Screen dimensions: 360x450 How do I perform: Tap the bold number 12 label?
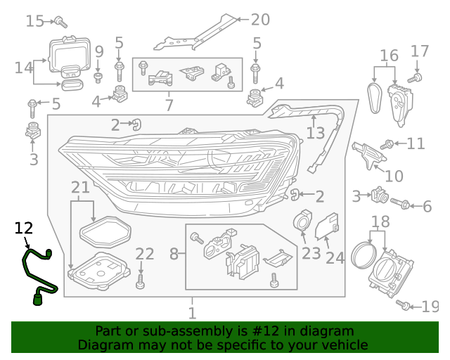[x=24, y=228]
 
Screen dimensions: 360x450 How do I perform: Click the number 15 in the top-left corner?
[x=34, y=21]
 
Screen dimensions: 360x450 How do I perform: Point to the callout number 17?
[x=420, y=51]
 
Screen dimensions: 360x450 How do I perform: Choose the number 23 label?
[x=311, y=252]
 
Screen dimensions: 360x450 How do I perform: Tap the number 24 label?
[x=335, y=257]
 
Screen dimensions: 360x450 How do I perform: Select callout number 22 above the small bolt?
[x=144, y=254]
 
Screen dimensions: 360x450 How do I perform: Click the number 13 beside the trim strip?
[x=315, y=133]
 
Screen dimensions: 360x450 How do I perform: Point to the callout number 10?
[x=394, y=176]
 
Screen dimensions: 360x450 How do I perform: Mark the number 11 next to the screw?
[x=416, y=144]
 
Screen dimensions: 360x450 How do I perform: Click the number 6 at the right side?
[x=427, y=206]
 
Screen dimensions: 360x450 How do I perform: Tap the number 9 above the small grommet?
[x=99, y=51]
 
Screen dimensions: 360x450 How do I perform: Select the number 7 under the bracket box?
[x=169, y=105]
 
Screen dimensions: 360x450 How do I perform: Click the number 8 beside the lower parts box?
[x=174, y=253]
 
